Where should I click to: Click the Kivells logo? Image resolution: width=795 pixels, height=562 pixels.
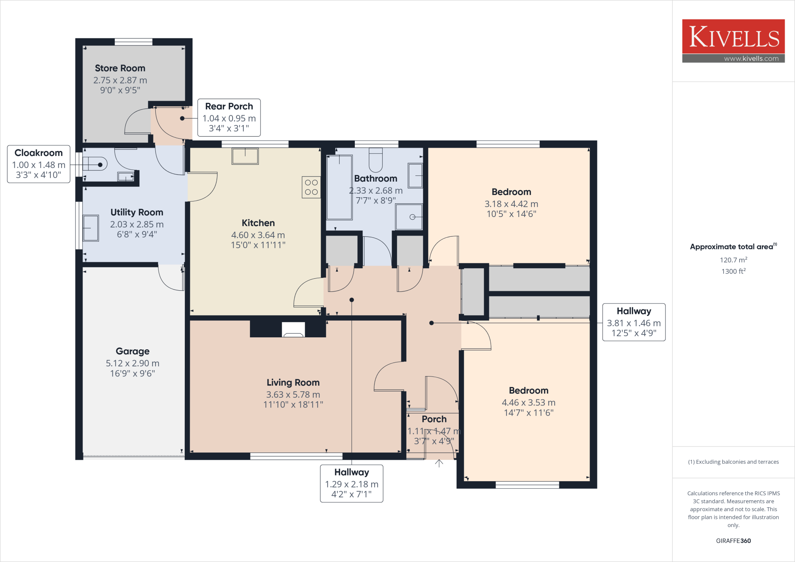click(x=733, y=40)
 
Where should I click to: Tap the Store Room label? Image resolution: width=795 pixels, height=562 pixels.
click(x=120, y=68)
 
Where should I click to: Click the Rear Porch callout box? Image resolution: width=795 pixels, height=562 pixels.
click(x=229, y=117)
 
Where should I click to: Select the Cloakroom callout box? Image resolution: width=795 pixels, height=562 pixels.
click(x=38, y=164)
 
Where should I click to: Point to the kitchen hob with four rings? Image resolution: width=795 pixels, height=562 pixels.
click(x=311, y=187)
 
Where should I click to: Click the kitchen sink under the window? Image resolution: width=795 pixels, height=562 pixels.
click(x=245, y=156)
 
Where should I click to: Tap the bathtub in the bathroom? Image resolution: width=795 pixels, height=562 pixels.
click(x=339, y=187)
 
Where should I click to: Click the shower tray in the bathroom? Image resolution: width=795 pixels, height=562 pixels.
click(x=409, y=217)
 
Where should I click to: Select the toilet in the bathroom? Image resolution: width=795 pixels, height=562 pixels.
click(x=375, y=160)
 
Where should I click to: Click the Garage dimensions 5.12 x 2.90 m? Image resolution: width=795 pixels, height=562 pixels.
click(x=132, y=363)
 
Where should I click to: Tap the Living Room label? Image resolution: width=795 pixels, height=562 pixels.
click(x=293, y=382)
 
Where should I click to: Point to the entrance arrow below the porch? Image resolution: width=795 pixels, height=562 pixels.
click(x=439, y=463)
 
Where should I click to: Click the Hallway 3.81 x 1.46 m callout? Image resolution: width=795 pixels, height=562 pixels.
click(x=634, y=322)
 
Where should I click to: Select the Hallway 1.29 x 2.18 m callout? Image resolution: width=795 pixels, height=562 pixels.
click(x=351, y=483)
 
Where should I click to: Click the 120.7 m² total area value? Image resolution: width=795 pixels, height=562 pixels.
click(x=733, y=260)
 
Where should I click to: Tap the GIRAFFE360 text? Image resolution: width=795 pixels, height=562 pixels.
click(x=733, y=541)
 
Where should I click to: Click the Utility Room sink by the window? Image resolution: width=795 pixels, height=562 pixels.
click(x=91, y=228)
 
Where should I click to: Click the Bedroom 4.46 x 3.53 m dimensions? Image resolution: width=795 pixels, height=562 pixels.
click(x=528, y=402)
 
